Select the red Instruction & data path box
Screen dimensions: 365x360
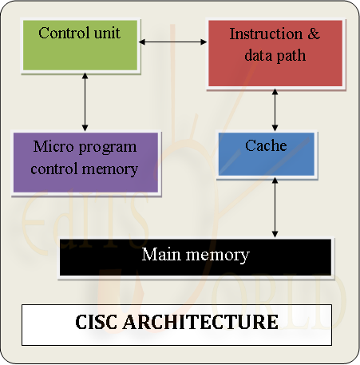coord(275,52)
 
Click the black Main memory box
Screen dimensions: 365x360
coord(195,257)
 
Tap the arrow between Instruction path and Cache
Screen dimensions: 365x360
coord(275,109)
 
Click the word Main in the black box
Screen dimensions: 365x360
coord(159,255)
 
